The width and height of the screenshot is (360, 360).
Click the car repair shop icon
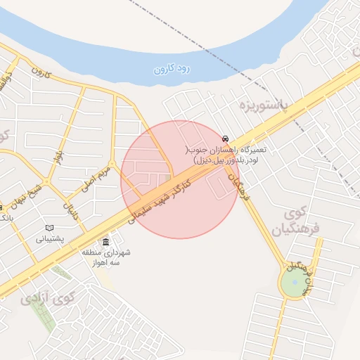(224, 139)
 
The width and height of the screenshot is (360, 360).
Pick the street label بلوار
(60, 150)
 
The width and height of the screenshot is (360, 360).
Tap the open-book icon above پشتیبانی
(49, 228)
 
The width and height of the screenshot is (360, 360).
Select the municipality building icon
(106, 243)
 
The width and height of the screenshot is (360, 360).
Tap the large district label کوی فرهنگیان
(296, 220)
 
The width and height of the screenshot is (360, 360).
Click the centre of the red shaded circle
(180, 179)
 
